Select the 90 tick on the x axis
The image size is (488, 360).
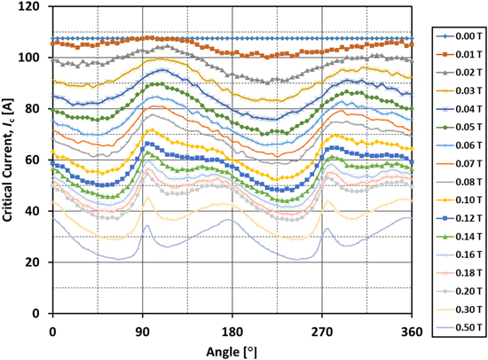click(x=142, y=329)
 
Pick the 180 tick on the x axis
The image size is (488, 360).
click(x=232, y=329)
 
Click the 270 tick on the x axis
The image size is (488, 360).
click(x=322, y=329)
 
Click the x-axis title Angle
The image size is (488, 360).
click(x=232, y=348)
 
